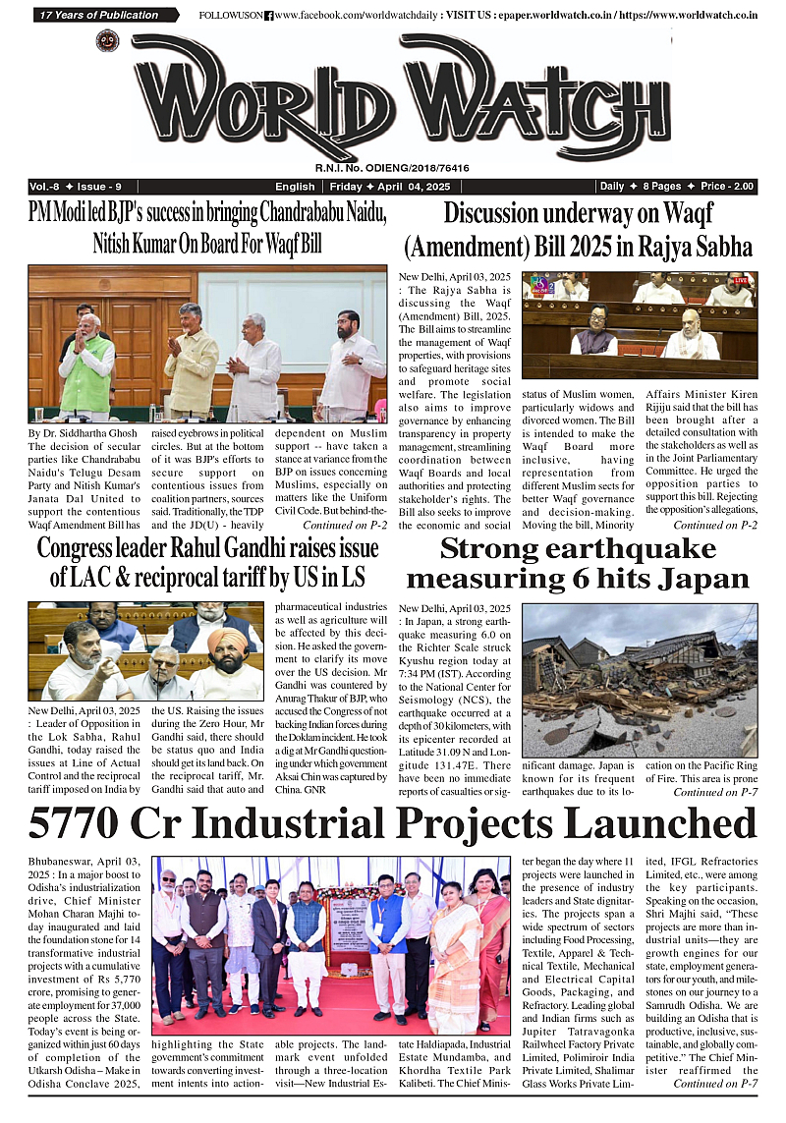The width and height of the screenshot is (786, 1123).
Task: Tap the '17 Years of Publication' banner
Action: tap(102, 15)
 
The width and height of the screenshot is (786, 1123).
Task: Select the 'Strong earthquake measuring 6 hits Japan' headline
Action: tap(579, 563)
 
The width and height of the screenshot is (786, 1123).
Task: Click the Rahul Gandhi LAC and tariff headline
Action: tap(201, 563)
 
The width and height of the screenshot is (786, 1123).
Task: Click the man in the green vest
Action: tap(86, 364)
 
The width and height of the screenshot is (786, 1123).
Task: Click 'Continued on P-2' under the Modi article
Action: tap(345, 526)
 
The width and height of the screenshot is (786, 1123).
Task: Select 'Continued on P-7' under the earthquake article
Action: tap(714, 792)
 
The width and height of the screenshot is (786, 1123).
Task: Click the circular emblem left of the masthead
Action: tap(107, 41)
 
